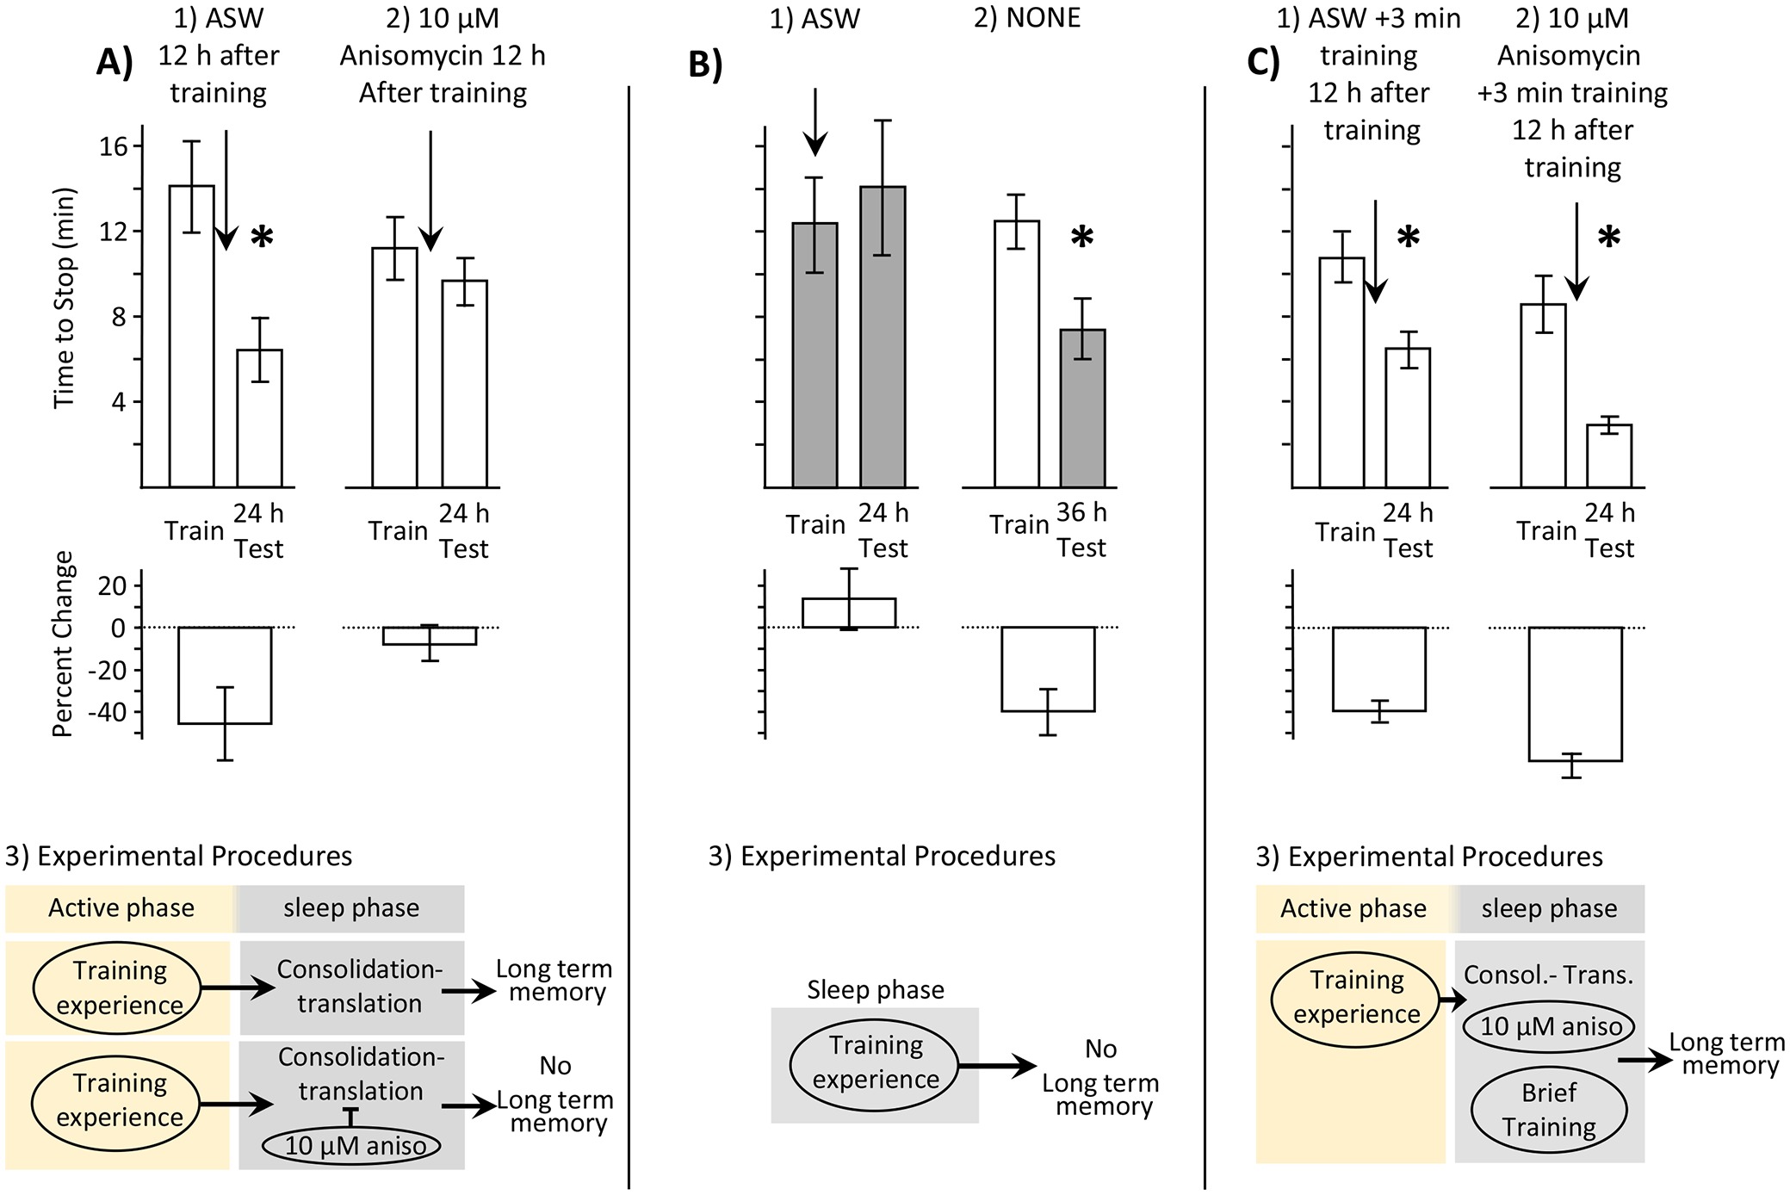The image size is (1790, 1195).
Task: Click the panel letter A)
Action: (x=115, y=62)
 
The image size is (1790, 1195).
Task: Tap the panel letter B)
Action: (x=705, y=65)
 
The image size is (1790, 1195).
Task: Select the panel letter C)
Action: (x=1263, y=62)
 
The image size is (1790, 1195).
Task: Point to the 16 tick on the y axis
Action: (x=113, y=146)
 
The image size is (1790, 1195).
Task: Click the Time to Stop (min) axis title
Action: (x=65, y=298)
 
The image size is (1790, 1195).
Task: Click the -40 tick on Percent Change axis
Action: (x=108, y=712)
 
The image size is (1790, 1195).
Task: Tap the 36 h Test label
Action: (x=1081, y=530)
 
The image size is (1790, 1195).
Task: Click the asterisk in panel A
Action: (x=262, y=238)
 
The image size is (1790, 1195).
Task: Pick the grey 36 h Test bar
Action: (x=1082, y=408)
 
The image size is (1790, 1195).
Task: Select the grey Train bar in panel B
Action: (x=814, y=355)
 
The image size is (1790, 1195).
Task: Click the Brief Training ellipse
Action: (x=1549, y=1110)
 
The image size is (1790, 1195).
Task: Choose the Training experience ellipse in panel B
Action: (x=875, y=1062)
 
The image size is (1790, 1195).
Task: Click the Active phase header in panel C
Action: (x=1353, y=909)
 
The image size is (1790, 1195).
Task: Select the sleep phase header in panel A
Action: (x=351, y=908)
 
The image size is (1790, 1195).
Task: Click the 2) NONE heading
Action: (x=1026, y=18)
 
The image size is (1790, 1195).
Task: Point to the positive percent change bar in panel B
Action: (x=849, y=612)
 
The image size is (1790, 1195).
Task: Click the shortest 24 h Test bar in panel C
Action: (x=1608, y=455)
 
